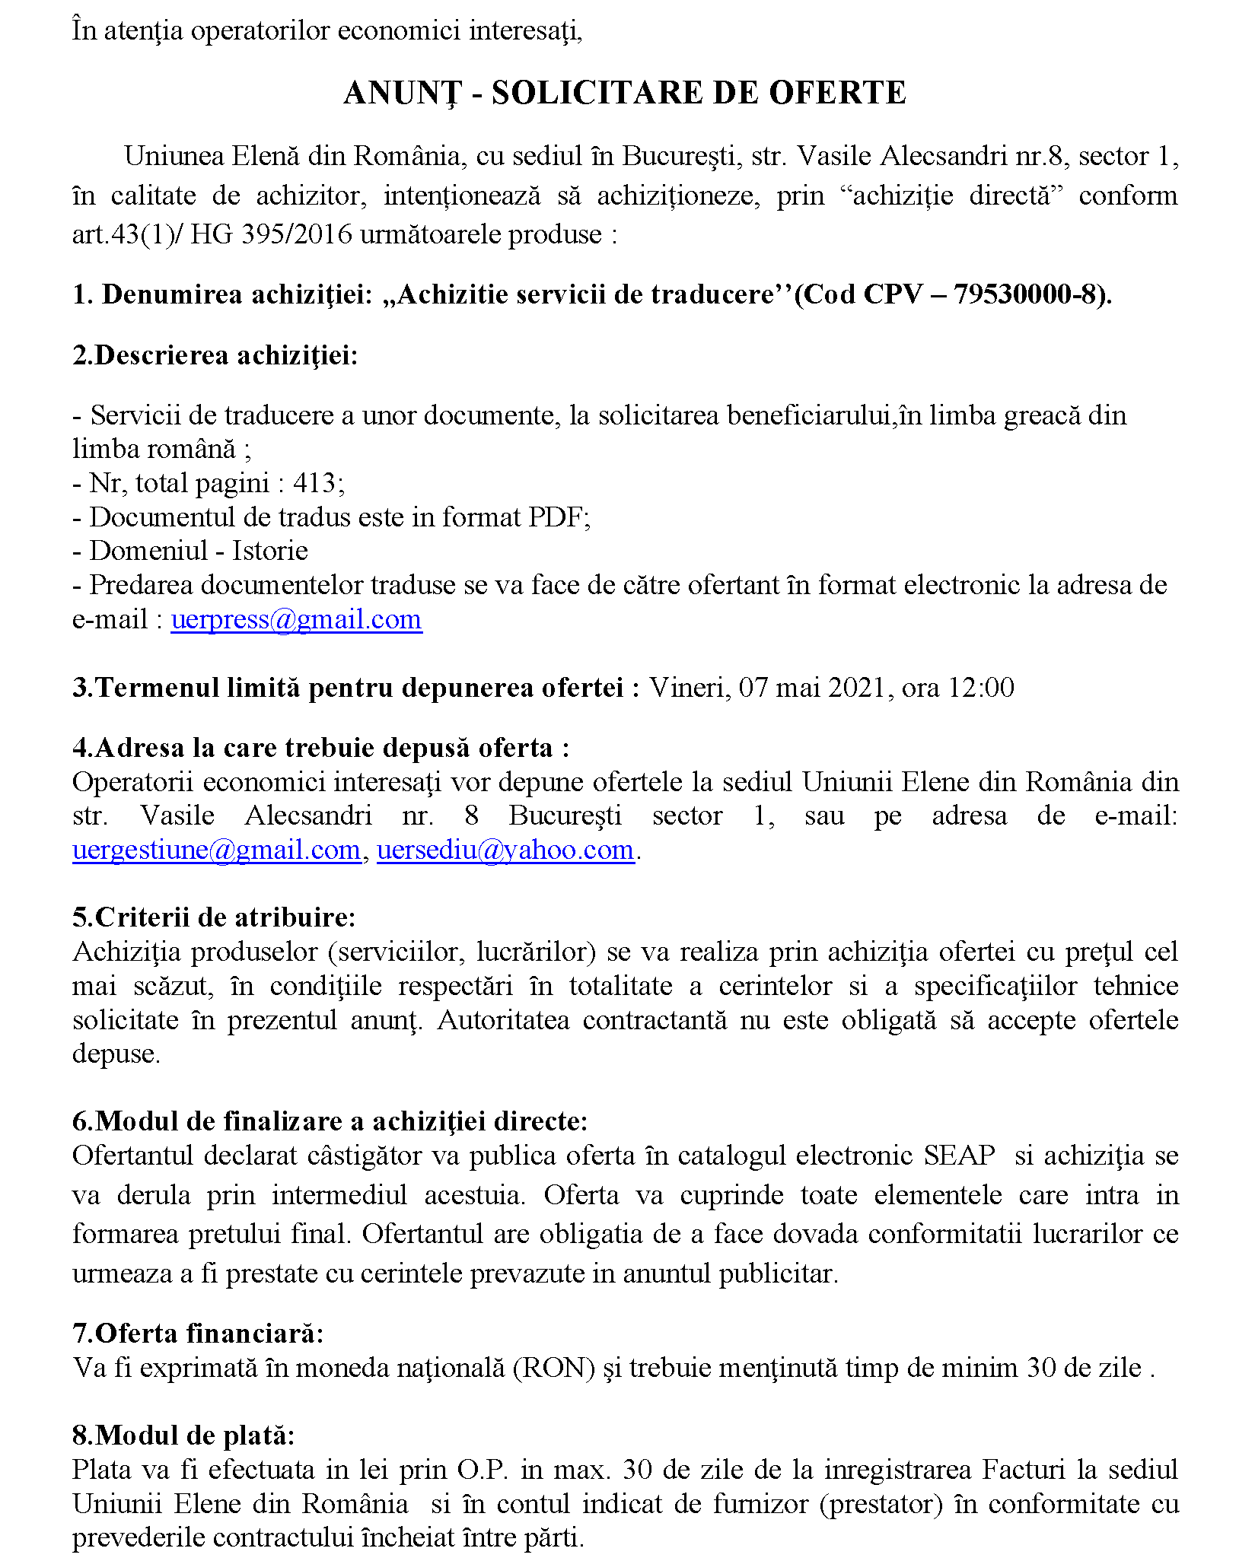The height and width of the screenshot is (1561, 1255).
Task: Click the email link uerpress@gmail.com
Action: click(296, 620)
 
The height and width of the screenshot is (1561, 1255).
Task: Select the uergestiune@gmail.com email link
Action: click(216, 850)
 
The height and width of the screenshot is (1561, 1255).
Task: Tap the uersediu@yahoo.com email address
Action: click(505, 850)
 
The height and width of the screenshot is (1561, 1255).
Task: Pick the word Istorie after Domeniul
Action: click(270, 551)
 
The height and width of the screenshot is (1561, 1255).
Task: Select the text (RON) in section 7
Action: click(554, 1368)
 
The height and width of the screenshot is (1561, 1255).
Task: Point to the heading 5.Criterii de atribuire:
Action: click(214, 917)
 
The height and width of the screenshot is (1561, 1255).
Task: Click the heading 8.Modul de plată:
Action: click(183, 1435)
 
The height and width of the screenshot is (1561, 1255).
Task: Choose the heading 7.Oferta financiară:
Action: click(198, 1334)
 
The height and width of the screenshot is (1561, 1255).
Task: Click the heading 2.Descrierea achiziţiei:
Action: click(215, 355)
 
